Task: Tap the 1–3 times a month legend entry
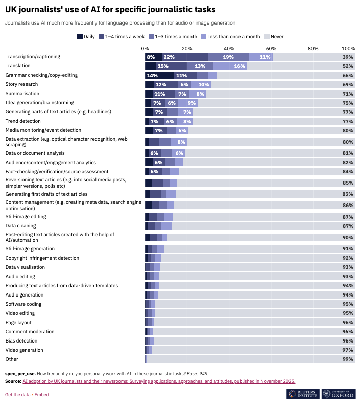point(176,36)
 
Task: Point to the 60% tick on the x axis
point(271,48)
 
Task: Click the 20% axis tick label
point(187,48)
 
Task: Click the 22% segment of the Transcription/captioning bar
point(169,57)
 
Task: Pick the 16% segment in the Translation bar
point(239,66)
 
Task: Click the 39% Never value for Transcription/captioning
point(348,57)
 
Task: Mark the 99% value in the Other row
point(348,359)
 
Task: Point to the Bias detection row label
point(21,341)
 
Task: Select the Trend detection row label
point(23,121)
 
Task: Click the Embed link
point(42,395)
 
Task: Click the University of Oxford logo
point(339,394)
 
